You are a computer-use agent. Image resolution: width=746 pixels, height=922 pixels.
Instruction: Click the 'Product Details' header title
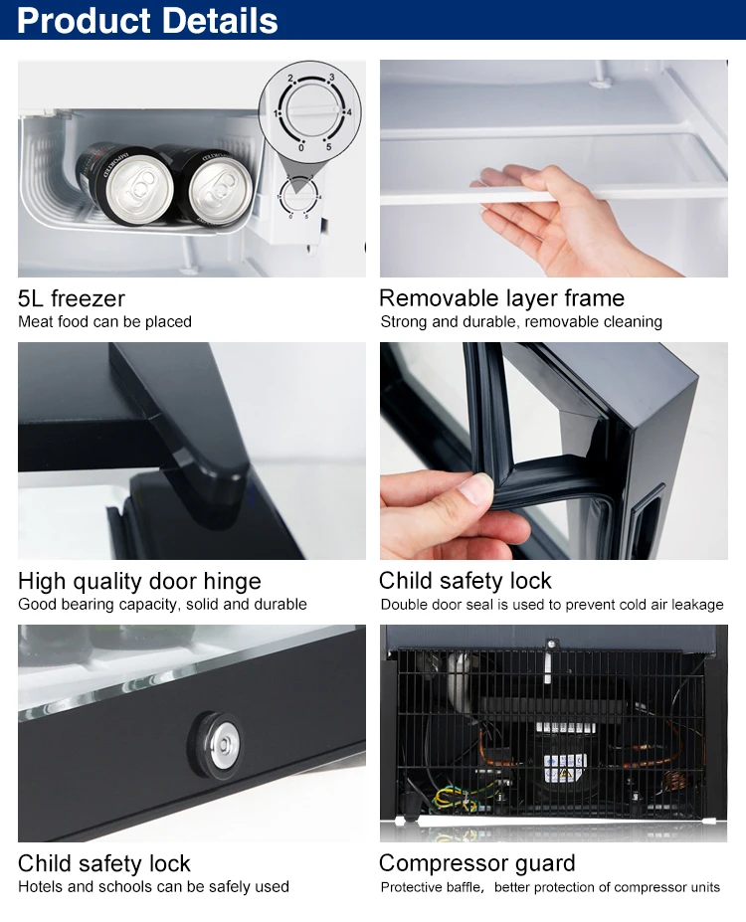147,20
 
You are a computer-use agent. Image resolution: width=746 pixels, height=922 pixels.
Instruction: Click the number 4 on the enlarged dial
349,111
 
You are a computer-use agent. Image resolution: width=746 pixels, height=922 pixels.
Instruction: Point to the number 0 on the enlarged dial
301,147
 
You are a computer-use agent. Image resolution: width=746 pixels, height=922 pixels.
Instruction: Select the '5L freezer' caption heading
72,298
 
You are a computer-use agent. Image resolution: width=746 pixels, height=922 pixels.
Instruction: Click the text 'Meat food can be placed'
104,321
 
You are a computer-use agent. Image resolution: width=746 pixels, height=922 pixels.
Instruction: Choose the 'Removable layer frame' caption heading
501,298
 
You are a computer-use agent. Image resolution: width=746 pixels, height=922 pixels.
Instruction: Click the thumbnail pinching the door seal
479,487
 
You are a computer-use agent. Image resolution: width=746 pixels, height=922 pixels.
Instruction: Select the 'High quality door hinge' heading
139,581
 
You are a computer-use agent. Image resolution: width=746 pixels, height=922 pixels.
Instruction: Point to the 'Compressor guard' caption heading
476,863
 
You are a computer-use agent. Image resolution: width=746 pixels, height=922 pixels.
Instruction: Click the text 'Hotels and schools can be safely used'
153,887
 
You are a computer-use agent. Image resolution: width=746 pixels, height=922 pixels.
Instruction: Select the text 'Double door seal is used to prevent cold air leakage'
551,605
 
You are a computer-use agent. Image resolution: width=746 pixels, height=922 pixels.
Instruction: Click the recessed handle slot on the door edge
646,515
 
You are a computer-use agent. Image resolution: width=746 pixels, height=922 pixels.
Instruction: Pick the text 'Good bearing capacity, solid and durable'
162,605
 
